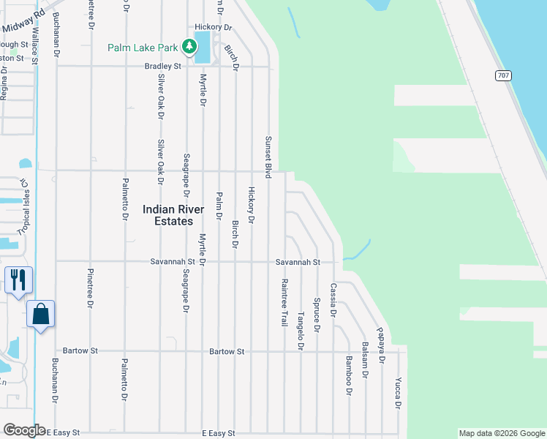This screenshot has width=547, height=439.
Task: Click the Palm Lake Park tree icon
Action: [x=189, y=48]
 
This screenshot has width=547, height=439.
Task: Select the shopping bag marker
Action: [x=41, y=314]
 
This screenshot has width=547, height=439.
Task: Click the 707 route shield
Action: [x=502, y=75]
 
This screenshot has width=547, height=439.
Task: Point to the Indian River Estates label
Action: [x=168, y=215]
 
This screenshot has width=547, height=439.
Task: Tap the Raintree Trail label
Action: [x=284, y=301]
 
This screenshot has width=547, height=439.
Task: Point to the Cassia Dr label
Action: [x=333, y=300]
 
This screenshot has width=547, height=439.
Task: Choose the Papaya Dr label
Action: [x=381, y=345]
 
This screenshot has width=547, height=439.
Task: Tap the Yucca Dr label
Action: [x=398, y=393]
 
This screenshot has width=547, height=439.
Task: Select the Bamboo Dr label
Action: [x=349, y=375]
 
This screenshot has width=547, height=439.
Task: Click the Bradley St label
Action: [x=162, y=65]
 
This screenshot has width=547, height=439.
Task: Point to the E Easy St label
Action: [x=219, y=433]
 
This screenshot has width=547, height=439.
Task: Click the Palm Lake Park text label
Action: [x=143, y=48]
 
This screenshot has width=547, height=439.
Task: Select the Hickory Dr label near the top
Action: [x=214, y=27]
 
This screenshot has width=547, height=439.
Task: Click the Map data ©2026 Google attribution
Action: [x=502, y=433]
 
